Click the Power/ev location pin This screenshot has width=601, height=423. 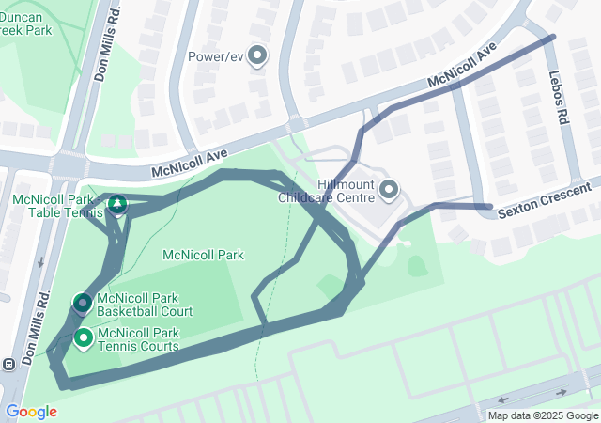256,55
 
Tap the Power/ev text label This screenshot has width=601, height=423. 216,56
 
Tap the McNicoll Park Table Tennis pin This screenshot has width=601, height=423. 117,203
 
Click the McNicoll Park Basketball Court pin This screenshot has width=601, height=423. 83,303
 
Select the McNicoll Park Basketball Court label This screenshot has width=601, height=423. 145,305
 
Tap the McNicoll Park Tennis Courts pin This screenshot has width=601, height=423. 83,337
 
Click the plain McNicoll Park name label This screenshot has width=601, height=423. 203,255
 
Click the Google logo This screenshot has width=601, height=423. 31,411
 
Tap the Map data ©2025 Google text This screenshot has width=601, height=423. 542,415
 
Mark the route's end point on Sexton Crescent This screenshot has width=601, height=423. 489,206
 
